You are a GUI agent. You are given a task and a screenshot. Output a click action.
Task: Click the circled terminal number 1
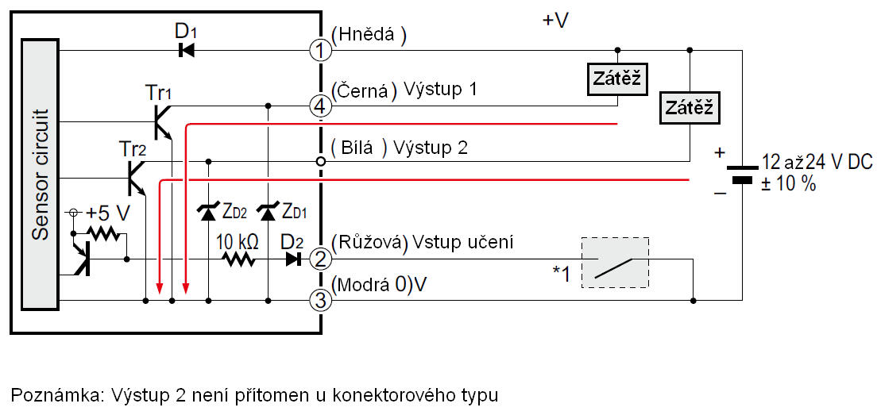point(320,51)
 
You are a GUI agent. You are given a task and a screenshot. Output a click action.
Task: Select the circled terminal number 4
point(320,104)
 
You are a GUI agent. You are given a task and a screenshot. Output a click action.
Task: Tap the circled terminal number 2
point(320,258)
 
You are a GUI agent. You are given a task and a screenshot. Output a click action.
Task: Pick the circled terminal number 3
point(320,301)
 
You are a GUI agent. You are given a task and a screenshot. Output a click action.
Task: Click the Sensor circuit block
point(41,173)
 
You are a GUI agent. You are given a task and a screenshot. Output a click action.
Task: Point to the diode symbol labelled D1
point(187,51)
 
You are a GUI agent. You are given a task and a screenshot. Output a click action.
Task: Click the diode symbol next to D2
point(295,258)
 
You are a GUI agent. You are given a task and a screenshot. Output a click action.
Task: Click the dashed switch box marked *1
point(615,262)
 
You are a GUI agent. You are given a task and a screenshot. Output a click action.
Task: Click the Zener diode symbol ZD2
point(208,211)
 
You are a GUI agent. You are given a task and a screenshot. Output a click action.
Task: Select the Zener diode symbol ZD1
point(269,211)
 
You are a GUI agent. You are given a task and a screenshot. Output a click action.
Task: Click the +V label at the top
point(555,21)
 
